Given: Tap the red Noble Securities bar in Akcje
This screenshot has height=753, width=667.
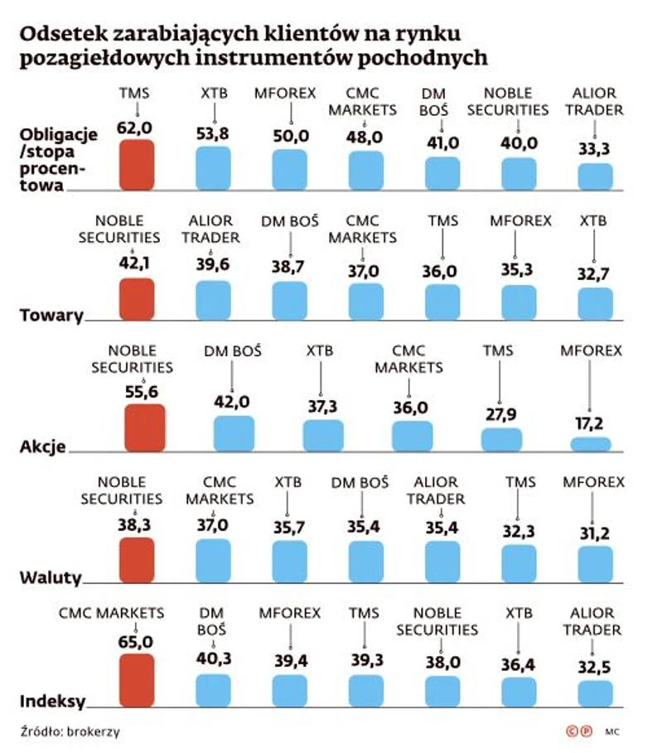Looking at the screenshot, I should tap(144, 427).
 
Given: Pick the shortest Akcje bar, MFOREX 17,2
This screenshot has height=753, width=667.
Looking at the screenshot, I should tap(590, 443).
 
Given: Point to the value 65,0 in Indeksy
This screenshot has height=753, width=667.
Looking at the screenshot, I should tap(137, 641).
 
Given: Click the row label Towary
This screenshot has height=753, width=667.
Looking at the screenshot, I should tap(51, 315).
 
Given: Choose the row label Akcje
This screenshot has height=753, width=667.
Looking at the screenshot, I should tap(42, 447).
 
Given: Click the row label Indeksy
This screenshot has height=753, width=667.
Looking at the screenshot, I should tap(52, 702).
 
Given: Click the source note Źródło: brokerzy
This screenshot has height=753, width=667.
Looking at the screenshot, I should tap(64, 731).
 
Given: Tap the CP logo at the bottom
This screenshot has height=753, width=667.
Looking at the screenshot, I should tap(578, 731).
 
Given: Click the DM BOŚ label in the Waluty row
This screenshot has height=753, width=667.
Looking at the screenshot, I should tap(360, 482).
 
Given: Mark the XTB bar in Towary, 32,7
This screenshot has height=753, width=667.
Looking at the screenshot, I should tap(595, 304).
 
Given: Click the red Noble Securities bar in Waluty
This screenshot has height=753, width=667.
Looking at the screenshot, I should tap(137, 560).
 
